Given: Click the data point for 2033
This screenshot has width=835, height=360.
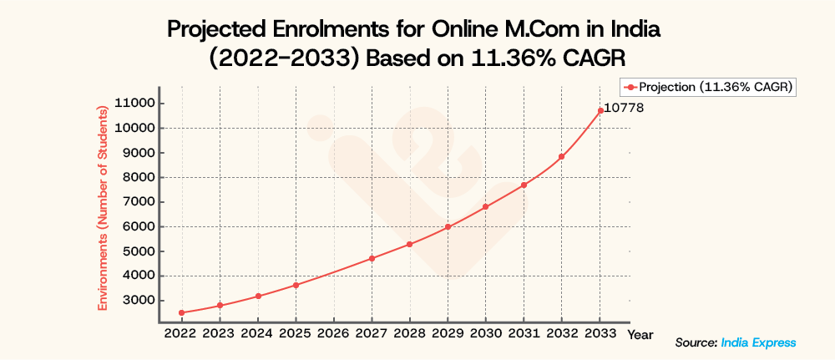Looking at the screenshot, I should (600, 110).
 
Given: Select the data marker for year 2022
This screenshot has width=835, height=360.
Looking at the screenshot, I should (181, 313).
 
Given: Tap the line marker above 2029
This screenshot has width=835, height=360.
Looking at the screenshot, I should (448, 226).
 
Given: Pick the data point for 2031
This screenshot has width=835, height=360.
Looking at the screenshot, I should (524, 185).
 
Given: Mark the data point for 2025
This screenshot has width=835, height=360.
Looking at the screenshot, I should (296, 286).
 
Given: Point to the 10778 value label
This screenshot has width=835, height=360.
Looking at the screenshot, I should (623, 109).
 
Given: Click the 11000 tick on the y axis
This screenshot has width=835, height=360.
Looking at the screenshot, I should (133, 104).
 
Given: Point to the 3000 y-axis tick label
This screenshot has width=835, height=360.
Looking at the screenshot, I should (136, 300).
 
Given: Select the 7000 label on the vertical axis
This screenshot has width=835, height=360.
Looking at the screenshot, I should (136, 202).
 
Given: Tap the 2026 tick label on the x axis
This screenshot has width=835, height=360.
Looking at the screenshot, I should (333, 333).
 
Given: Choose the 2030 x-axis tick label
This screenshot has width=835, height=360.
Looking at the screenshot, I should (485, 333).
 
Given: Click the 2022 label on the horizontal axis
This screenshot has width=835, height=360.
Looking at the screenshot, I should (181, 333).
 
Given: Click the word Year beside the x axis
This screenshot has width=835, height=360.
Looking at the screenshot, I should (640, 334).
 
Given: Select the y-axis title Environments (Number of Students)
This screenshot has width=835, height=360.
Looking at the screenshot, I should (103, 207).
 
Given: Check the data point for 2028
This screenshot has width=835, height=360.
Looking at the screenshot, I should (409, 245).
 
